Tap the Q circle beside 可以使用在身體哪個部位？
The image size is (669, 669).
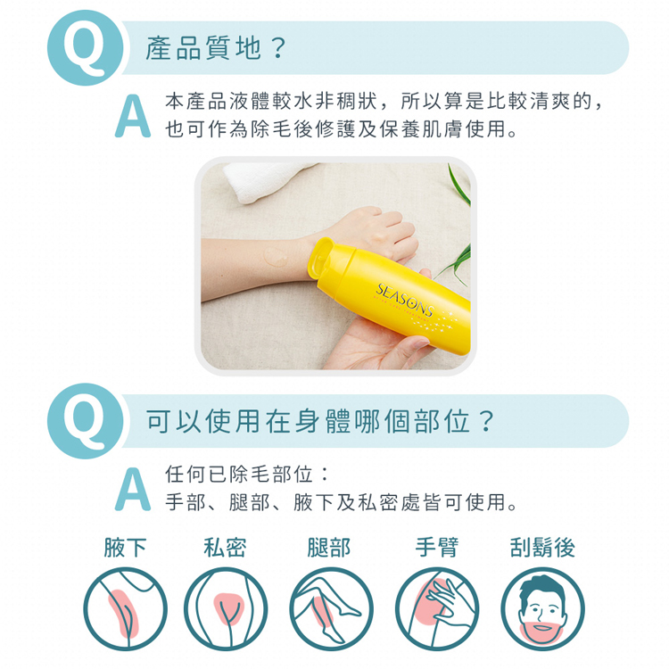pos(84,421)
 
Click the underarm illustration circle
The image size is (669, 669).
pos(126,609)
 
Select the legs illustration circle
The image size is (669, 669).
pos(330,609)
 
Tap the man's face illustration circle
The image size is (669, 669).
pos(542,609)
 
